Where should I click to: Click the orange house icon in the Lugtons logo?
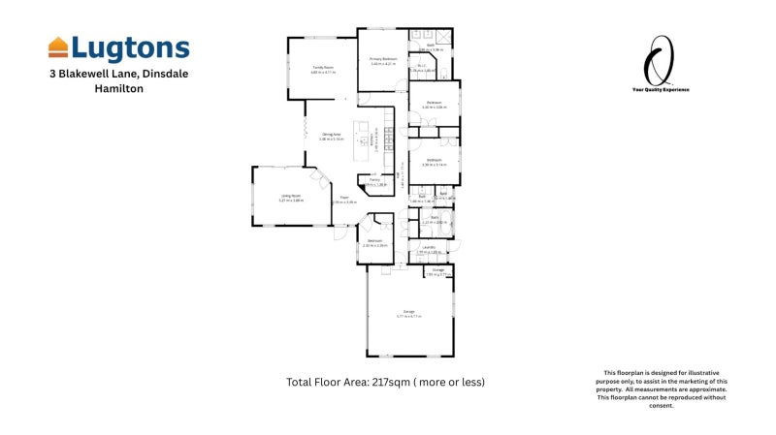pyautogui.click(x=58, y=47)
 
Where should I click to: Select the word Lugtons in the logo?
pyautogui.click(x=130, y=48)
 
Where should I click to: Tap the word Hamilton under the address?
pyautogui.click(x=118, y=87)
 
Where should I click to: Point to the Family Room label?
pyautogui.click(x=322, y=67)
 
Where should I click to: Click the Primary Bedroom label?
pyautogui.click(x=383, y=59)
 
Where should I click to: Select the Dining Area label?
pyautogui.click(x=332, y=135)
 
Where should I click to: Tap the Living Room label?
pyautogui.click(x=278, y=197)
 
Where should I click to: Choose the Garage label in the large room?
pyautogui.click(x=409, y=311)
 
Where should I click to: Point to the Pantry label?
pyautogui.click(x=374, y=179)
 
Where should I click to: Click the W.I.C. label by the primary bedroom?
pyautogui.click(x=422, y=66)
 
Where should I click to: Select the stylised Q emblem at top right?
pyautogui.click(x=662, y=58)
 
